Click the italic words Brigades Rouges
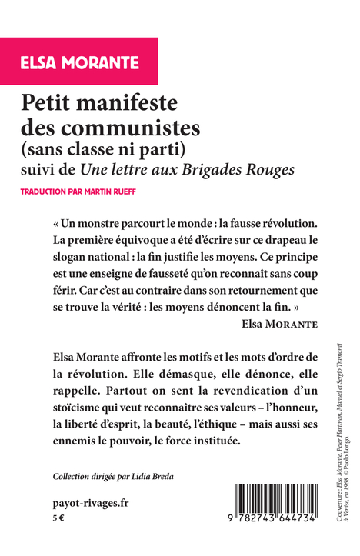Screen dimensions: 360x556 pos(248,167)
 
